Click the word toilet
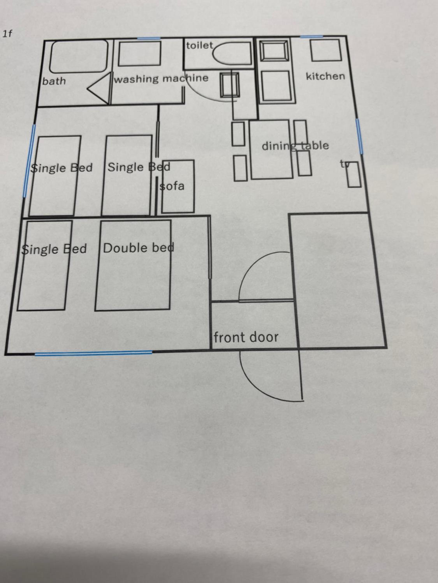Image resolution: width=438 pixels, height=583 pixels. click(200, 46)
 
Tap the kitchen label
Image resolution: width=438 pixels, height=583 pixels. click(325, 76)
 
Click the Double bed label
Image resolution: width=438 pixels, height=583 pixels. click(139, 248)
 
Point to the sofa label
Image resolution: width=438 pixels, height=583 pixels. click(172, 186)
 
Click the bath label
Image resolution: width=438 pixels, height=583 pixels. click(54, 81)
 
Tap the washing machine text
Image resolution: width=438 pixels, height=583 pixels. click(161, 79)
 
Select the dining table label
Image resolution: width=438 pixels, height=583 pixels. click(295, 146)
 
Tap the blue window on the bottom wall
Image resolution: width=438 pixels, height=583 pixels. click(93, 353)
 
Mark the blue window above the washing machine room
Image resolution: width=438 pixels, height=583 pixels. click(149, 38)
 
